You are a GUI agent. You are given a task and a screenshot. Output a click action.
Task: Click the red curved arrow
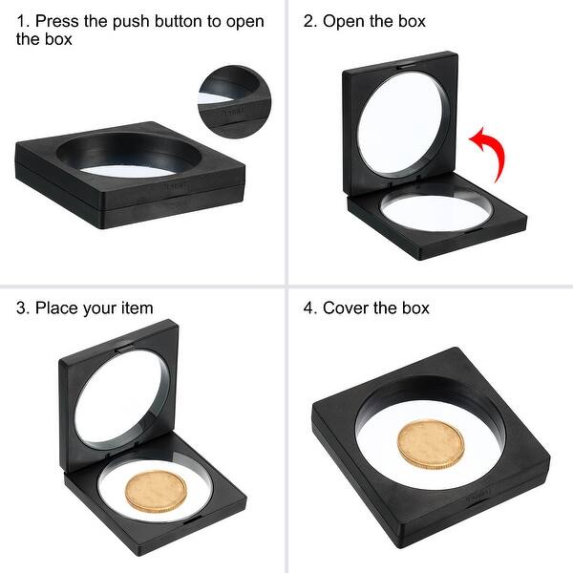[x=492, y=153]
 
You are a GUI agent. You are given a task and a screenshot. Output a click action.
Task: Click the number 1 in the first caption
[x=21, y=21]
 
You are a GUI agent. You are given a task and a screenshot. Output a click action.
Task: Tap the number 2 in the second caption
[x=308, y=21]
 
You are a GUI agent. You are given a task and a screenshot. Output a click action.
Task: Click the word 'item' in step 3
[x=135, y=308]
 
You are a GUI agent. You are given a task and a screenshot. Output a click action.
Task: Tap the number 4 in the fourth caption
[x=308, y=308]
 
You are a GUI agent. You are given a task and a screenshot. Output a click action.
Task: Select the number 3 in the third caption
[x=21, y=308]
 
